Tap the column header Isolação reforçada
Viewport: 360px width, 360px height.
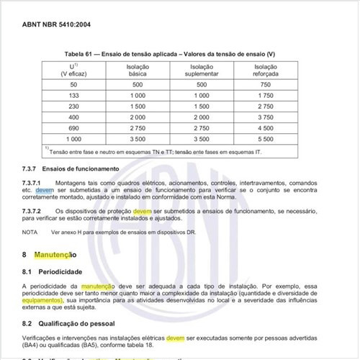coord(266,71)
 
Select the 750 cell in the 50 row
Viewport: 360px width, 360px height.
coord(266,84)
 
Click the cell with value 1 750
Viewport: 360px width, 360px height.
coord(266,95)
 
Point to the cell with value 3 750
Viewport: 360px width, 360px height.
coord(266,116)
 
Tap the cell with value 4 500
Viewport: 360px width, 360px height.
coord(266,127)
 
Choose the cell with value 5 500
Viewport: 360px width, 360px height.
coord(266,138)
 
